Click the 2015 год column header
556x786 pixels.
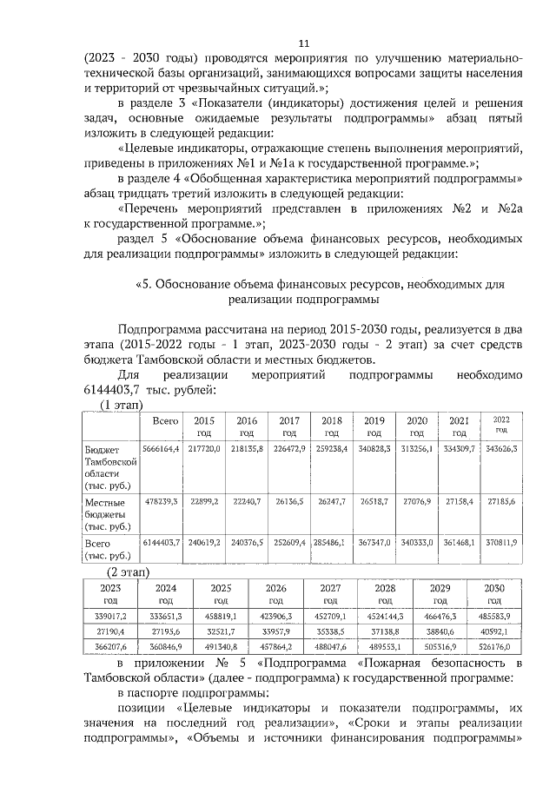[x=203, y=426]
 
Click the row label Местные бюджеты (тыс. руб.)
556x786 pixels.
[x=109, y=514]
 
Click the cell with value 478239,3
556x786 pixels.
[x=161, y=502]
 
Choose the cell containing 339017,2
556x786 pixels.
[x=111, y=617]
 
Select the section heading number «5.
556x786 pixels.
[x=144, y=284]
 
